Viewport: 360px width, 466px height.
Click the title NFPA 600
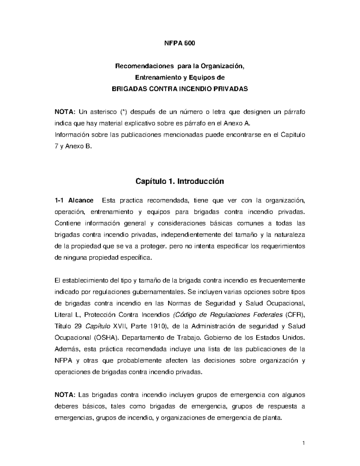point(180,43)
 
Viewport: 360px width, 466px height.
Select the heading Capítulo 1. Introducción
point(180,182)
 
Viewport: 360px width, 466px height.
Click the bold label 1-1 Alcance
point(74,200)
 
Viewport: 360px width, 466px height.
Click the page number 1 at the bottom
point(304,443)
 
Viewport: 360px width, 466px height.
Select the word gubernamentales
point(157,292)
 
